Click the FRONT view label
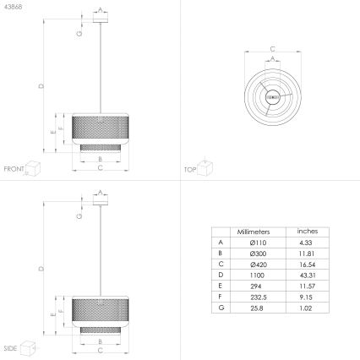click(14, 169)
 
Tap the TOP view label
click(190, 169)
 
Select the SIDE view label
click(11, 347)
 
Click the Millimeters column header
click(254, 231)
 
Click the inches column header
click(306, 231)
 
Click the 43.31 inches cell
click(306, 275)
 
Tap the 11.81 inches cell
click(306, 253)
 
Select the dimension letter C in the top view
click(272, 48)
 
